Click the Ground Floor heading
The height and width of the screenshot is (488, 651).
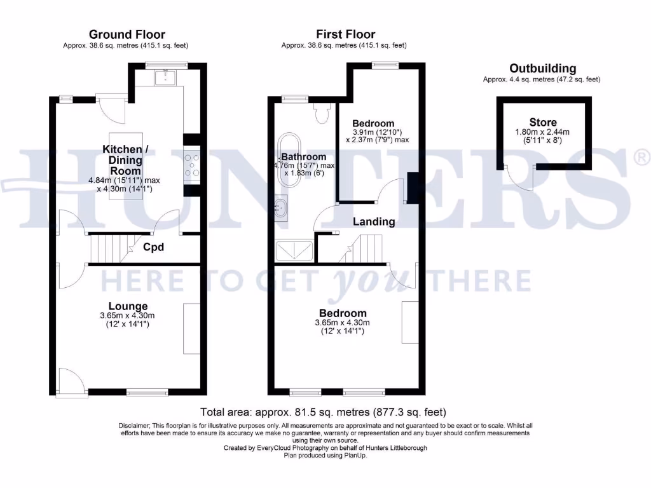tap(127, 34)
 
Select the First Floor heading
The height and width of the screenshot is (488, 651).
tap(346, 34)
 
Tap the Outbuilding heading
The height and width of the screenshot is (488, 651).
tap(542, 69)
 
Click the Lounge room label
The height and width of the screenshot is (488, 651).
tap(127, 306)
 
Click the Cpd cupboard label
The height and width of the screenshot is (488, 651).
tap(153, 247)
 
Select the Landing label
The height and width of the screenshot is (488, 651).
tap(374, 222)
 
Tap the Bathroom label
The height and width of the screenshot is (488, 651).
tap(304, 157)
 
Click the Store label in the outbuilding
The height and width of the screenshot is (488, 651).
tap(542, 122)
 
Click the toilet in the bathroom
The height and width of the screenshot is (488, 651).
tap(322, 113)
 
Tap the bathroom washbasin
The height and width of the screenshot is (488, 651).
tap(281, 207)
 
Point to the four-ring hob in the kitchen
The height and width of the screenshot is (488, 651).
tap(192, 163)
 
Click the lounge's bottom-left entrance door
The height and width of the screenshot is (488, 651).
tap(70, 381)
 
